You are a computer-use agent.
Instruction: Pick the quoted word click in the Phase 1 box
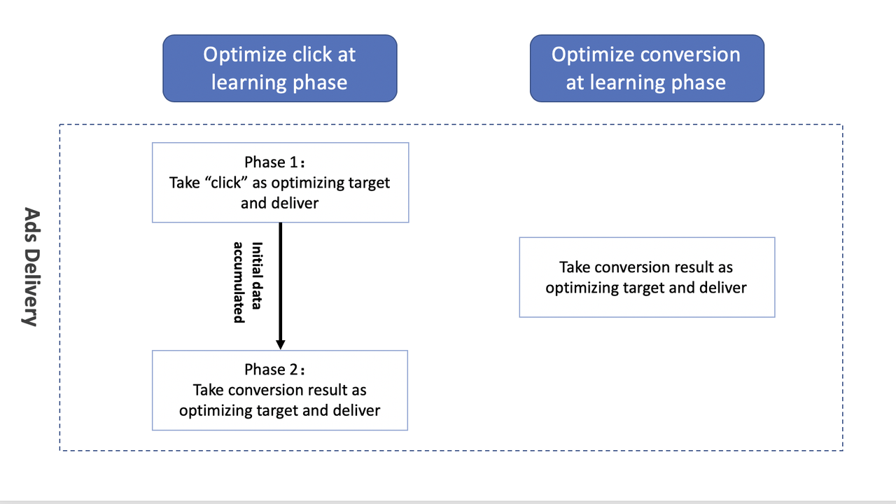coord(219,183)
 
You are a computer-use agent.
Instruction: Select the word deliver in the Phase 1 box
coord(295,203)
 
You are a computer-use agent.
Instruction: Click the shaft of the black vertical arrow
coord(281,280)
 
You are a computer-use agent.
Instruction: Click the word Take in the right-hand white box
coord(575,267)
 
